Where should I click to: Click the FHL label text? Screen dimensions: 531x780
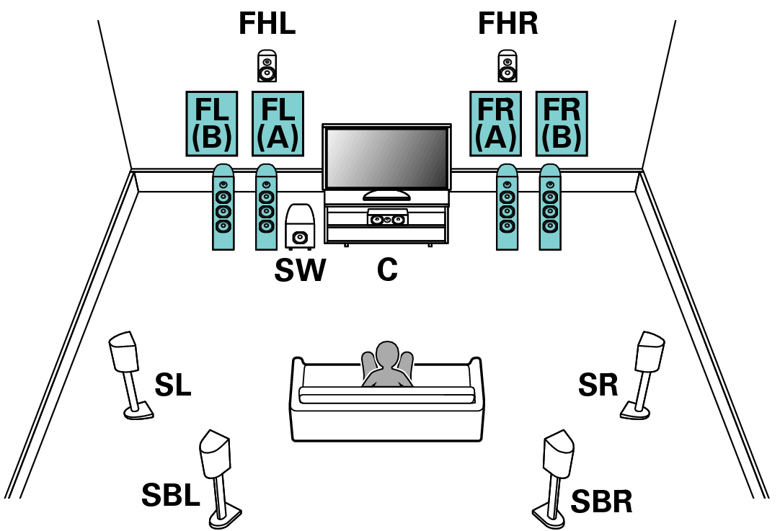tap(267, 24)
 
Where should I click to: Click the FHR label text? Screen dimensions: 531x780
tap(508, 24)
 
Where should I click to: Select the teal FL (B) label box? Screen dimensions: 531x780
tap(212, 124)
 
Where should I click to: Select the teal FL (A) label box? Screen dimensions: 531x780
tap(278, 124)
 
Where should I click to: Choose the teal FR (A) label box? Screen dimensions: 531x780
tap(495, 124)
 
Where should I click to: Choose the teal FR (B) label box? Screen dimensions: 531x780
tap(562, 124)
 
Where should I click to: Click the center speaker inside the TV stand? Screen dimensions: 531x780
tap(387, 218)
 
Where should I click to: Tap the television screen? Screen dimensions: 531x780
tap(387, 159)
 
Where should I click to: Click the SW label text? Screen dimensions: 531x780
tap(300, 271)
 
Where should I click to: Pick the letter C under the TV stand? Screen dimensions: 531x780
tap(387, 271)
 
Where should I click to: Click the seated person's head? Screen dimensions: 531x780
tap(387, 354)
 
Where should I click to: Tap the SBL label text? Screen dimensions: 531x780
tap(171, 495)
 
